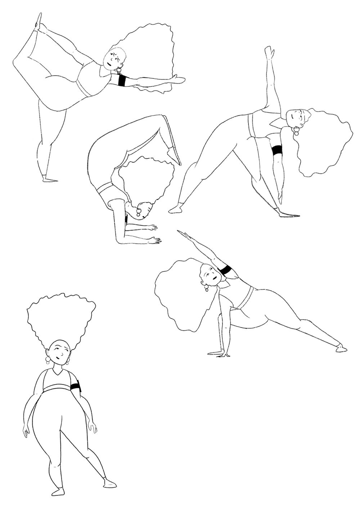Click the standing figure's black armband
pos(76,387)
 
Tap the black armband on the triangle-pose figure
pos(276,150)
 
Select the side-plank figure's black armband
pos(225,270)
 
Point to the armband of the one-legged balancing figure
pos(122,81)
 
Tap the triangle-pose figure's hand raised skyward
pos(269,52)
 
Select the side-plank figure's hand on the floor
pos(218,354)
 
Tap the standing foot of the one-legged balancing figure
pos(49,179)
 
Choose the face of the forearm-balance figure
pos(145,210)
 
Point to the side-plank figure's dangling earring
pos(207,288)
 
